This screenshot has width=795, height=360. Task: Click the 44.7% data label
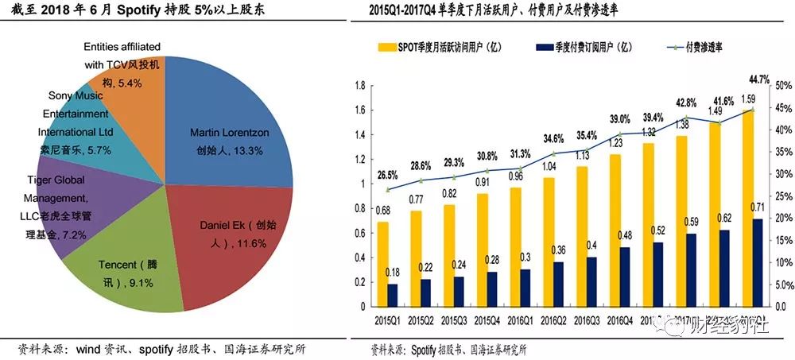758,79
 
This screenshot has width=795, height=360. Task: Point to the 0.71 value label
757,207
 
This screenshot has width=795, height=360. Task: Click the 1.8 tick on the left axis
359,86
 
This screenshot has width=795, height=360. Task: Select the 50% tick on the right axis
782,86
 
